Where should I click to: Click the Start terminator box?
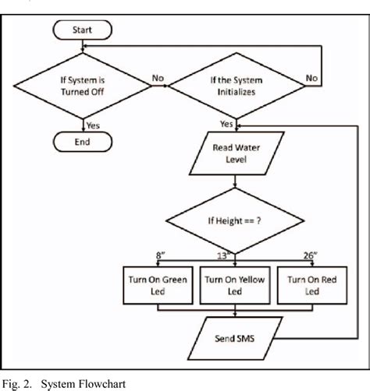point(82,31)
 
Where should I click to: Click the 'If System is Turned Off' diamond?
point(82,84)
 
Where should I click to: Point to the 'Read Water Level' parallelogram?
point(235,153)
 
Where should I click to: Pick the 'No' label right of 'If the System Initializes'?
point(311,77)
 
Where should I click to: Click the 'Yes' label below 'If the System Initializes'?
point(226,124)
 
